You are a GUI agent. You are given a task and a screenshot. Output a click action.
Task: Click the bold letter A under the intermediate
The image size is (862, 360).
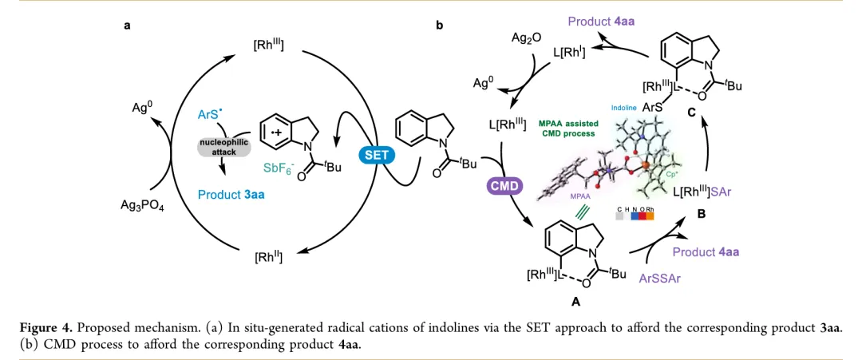pyautogui.click(x=575, y=302)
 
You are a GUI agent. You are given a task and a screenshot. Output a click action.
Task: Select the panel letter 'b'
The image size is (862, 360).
pyautogui.click(x=439, y=26)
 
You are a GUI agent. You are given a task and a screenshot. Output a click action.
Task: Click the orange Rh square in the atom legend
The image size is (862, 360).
pyautogui.click(x=649, y=215)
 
